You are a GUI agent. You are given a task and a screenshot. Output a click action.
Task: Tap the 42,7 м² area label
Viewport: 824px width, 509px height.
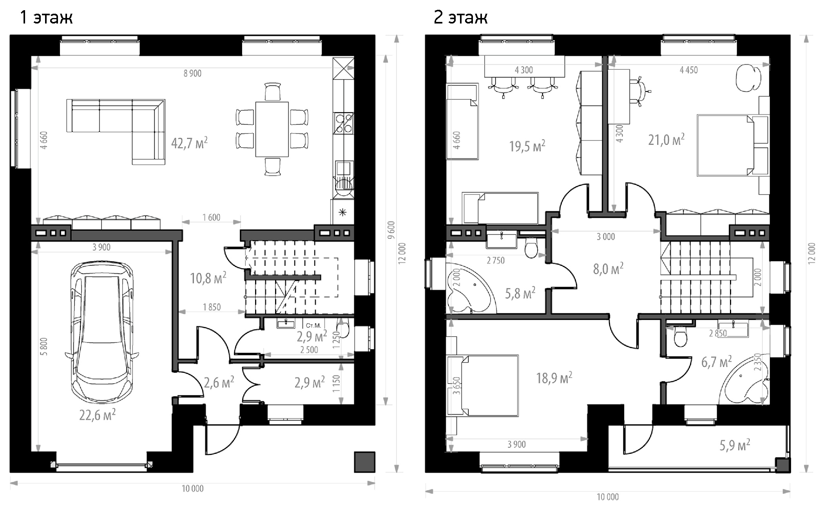189,143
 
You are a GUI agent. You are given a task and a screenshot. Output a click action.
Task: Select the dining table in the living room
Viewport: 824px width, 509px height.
272,129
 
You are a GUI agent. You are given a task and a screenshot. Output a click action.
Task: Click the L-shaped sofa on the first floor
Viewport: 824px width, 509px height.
116,132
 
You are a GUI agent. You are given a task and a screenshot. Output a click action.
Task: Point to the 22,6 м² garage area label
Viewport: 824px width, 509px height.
97,415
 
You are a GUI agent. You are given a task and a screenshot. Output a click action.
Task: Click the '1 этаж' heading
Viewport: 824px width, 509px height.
46,17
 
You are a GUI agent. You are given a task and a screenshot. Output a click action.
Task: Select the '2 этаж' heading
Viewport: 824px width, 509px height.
460,17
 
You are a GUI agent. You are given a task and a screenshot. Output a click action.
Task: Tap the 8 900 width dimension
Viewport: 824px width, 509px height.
192,73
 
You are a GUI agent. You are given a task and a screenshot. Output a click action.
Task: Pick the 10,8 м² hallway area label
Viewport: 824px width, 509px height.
208,278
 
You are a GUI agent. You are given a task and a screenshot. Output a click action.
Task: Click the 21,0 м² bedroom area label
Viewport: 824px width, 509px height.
666,139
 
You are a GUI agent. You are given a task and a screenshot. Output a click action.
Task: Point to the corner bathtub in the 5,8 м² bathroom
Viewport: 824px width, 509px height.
470,289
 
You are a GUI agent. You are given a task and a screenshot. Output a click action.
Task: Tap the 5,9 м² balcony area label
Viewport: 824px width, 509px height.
735,445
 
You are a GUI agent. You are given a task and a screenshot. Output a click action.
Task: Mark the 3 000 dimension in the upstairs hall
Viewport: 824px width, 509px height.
606,236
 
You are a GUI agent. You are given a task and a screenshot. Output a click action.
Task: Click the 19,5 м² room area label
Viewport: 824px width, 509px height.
527,146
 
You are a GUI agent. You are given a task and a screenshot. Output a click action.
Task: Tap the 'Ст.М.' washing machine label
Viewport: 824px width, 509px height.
313,325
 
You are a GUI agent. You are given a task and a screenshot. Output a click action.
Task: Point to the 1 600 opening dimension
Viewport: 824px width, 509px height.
211,217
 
